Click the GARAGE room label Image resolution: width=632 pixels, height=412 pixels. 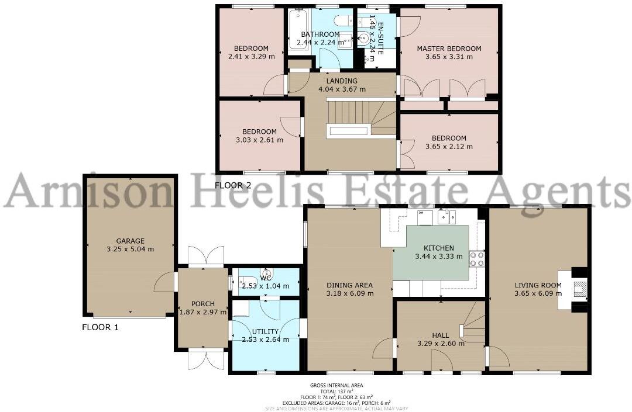[130, 241]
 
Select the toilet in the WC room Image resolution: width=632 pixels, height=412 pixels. [245, 280]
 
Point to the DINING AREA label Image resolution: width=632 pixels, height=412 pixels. [350, 285]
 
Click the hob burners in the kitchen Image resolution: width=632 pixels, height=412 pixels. [476, 258]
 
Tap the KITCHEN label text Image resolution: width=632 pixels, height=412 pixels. [438, 248]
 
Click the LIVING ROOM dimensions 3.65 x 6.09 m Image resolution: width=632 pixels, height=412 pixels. [538, 293]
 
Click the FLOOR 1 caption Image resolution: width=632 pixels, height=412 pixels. [100, 327]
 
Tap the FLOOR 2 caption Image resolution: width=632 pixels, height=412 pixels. [233, 185]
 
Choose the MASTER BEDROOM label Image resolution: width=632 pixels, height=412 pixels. [449, 49]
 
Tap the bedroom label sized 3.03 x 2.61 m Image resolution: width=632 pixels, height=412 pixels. [259, 131]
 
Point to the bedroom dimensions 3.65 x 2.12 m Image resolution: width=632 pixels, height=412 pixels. [449, 146]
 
